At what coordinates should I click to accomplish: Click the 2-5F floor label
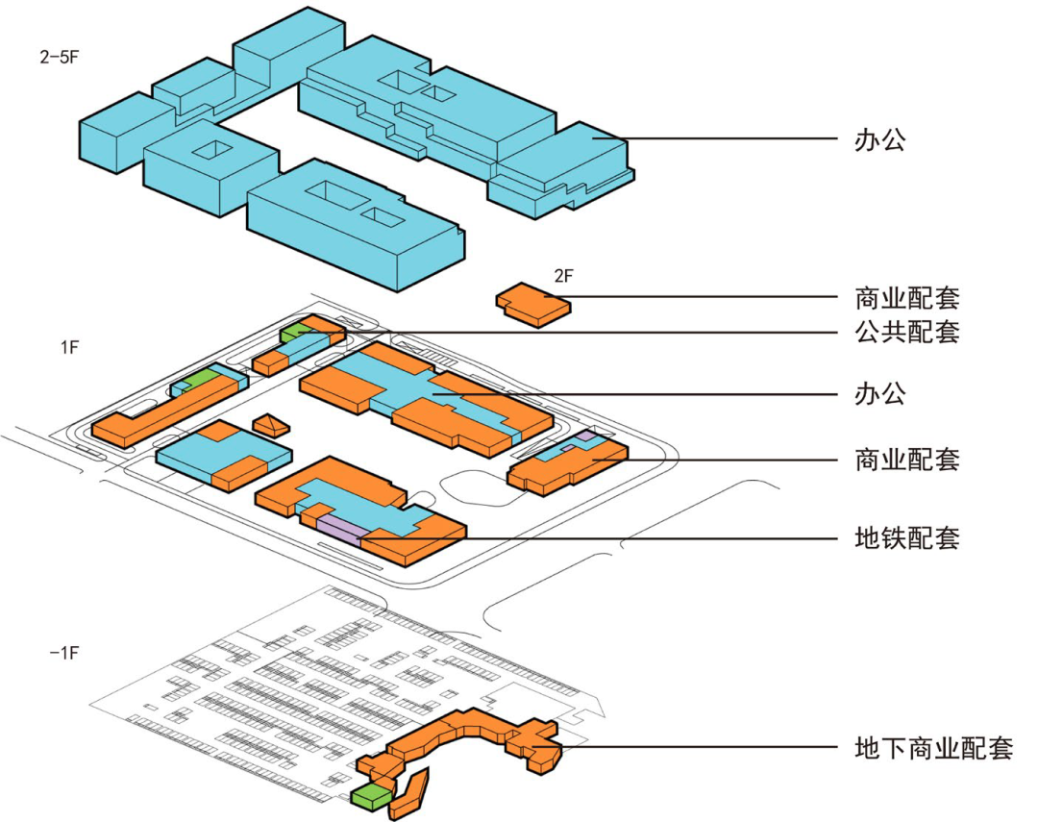tap(59, 57)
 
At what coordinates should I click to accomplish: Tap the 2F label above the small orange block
tap(563, 276)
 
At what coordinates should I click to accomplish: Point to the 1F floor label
tap(69, 347)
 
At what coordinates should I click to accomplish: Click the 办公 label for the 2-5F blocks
tap(879, 140)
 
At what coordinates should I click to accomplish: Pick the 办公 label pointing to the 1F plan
tap(879, 393)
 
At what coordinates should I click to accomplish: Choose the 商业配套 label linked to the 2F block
tap(906, 297)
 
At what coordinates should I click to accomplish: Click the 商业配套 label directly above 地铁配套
tap(906, 459)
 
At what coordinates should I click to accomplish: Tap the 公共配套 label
tap(906, 333)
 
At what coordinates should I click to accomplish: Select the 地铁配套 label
tap(906, 536)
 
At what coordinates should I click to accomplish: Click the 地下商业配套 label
tap(933, 747)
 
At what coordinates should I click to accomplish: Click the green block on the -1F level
tap(372, 794)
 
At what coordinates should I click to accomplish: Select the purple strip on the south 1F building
tap(338, 525)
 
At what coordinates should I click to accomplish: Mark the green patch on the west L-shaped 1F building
tap(199, 378)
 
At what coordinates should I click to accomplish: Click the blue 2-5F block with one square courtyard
tap(210, 165)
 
